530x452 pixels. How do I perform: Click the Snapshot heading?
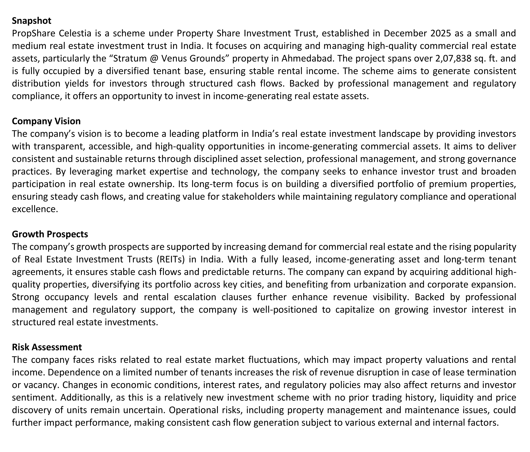click(31, 21)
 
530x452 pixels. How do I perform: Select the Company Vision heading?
click(46, 121)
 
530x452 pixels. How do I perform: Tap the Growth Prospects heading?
click(50, 234)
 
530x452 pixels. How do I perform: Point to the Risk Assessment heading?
click(47, 347)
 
